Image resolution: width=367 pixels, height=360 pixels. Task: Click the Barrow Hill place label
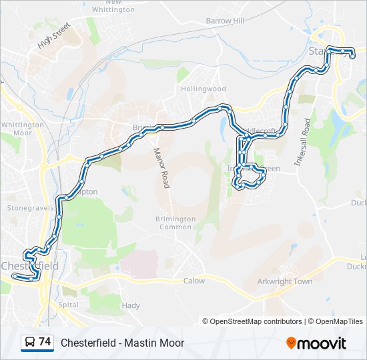(225, 21)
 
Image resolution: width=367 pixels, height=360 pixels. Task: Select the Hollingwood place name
(202, 89)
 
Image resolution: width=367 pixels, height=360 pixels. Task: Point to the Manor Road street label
(163, 168)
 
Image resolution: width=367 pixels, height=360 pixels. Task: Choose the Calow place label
(194, 281)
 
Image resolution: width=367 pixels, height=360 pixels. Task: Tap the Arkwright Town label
(285, 281)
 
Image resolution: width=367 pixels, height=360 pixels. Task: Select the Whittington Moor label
(23, 129)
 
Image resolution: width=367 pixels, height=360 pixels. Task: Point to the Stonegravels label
(25, 208)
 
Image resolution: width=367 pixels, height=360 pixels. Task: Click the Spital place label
(68, 305)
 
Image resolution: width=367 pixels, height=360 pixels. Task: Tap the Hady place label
(131, 305)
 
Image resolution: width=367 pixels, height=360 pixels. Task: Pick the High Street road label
(54, 36)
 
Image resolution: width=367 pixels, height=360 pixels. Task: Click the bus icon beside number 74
(30, 343)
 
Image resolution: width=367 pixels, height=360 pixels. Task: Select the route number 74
(45, 342)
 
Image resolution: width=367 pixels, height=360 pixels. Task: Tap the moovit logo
(316, 343)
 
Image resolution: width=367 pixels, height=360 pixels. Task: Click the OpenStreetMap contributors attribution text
(256, 321)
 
